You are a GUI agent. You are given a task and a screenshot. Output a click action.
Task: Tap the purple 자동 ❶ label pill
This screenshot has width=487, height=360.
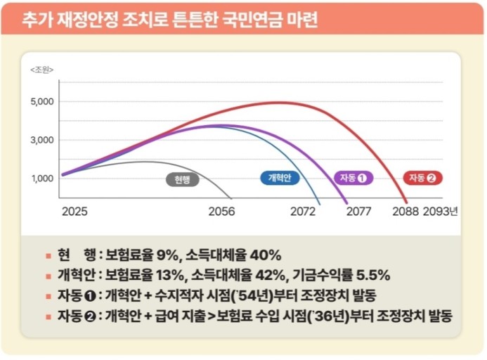353,178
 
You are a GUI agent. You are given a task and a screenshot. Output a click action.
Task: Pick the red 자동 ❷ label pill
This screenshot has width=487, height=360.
422,178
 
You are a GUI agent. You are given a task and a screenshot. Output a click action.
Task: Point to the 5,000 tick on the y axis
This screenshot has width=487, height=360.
42,102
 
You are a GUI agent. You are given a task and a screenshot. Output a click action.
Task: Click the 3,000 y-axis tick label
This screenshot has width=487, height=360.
42,140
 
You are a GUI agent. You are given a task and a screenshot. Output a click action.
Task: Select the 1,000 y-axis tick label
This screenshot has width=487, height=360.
42,178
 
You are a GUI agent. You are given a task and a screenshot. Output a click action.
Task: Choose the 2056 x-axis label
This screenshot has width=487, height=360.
223,211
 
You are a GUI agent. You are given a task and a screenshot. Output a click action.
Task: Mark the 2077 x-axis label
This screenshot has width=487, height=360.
359,211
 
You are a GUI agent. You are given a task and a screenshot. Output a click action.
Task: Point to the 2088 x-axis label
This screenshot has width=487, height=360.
405,211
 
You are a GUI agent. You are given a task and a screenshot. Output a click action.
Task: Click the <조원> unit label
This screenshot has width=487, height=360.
42,70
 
